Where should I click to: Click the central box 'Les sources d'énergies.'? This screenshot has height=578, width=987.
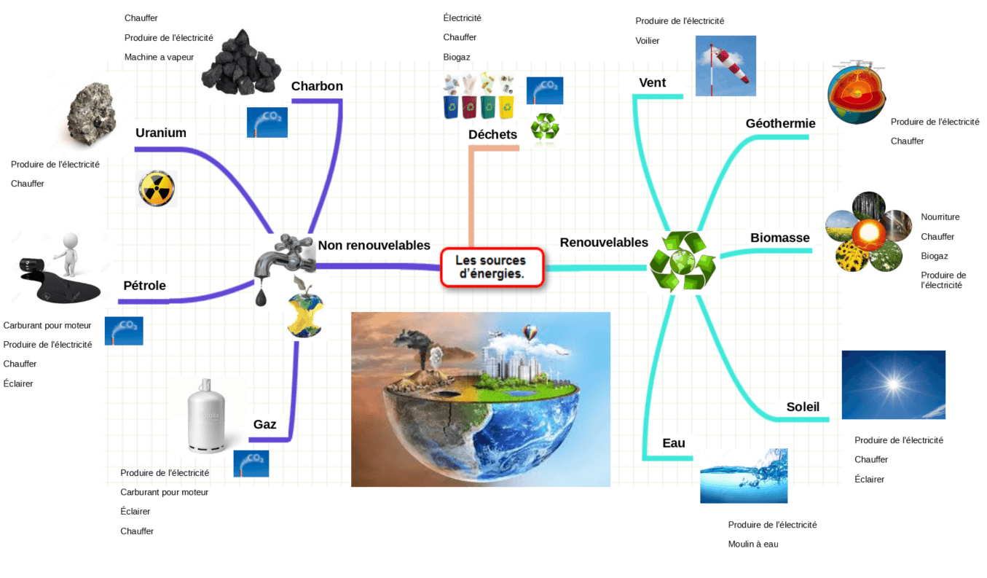[x=492, y=267]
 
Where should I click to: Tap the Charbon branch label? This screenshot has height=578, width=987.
[x=317, y=86]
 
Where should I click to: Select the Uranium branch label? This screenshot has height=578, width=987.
[x=161, y=133]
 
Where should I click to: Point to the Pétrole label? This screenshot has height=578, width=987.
[x=144, y=286]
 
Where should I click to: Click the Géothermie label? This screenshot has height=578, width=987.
[x=780, y=124]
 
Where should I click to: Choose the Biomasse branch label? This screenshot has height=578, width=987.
[x=779, y=238]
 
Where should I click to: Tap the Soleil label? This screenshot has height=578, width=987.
[x=803, y=407]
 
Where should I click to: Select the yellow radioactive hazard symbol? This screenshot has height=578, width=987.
[x=157, y=189]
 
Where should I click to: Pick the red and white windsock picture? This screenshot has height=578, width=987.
[x=725, y=66]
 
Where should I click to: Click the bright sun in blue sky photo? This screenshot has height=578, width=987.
[x=893, y=384]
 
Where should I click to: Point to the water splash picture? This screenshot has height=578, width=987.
[x=743, y=476]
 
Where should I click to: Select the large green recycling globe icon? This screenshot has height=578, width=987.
[x=683, y=261]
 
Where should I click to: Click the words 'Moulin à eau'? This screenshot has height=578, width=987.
[x=753, y=544]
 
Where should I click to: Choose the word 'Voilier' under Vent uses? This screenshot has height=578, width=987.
[x=648, y=41]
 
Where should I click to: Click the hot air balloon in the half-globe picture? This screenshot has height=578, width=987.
[x=531, y=334]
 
